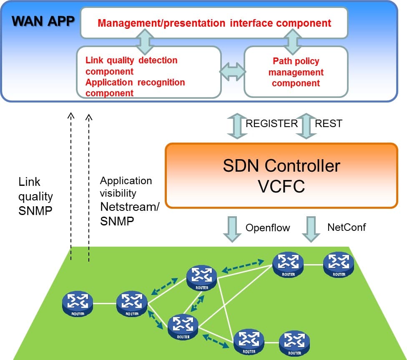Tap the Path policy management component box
coord(296,72)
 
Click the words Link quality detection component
coord(131,65)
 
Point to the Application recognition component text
coord(135,87)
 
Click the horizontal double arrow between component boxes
coord(233,72)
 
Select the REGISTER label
coord(271,123)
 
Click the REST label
coord(328,123)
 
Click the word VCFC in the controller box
coord(281,186)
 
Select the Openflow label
coord(267,227)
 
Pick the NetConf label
coord(347,227)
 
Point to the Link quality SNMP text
coord(36,196)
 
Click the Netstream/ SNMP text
coord(129,214)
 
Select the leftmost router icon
coord(78,303)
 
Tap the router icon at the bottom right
coord(295,342)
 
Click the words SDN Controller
coord(281,165)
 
